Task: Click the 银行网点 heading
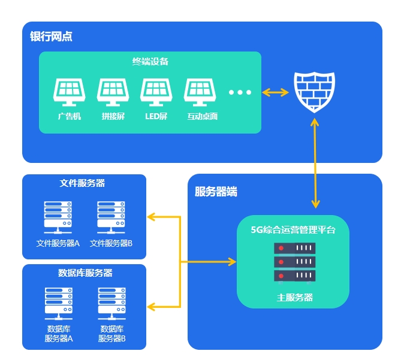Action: pos(52,37)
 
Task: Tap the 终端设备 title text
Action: pos(150,61)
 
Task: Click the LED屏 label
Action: pos(156,116)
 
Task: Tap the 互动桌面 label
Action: pos(201,116)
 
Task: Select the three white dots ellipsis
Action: pos(240,92)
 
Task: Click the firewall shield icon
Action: pos(314,92)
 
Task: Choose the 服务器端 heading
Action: pos(216,192)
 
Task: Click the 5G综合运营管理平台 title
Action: pos(293,229)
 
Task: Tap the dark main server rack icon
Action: pos(294,262)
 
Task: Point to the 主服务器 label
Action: pos(294,297)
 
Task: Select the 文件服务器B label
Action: pos(111,243)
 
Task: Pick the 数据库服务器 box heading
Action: pos(85,273)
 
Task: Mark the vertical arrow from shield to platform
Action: pos(315,162)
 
